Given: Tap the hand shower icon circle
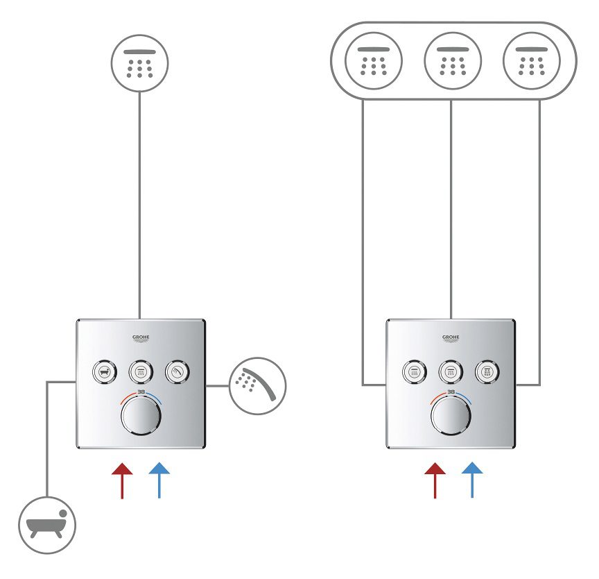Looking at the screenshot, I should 257,385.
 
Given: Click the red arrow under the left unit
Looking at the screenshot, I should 122,480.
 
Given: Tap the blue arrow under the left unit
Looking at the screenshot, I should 159,480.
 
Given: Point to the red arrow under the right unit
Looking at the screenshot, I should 435,480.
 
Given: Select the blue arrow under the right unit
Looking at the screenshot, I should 472,480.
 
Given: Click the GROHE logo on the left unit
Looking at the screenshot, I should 141,338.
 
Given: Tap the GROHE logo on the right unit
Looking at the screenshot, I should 451,338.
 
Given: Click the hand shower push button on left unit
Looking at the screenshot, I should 178,372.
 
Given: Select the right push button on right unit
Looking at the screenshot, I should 488,372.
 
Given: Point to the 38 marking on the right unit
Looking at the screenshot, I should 451,392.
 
